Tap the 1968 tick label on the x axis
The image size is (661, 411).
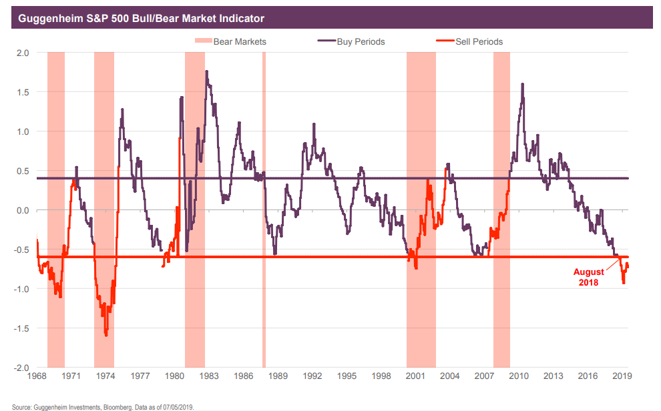(37, 377)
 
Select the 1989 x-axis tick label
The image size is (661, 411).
(278, 377)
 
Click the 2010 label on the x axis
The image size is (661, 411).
(519, 377)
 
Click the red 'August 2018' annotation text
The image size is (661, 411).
(588, 277)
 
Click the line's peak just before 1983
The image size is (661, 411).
(206, 71)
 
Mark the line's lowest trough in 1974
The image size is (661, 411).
(106, 336)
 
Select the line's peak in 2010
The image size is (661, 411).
(522, 83)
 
